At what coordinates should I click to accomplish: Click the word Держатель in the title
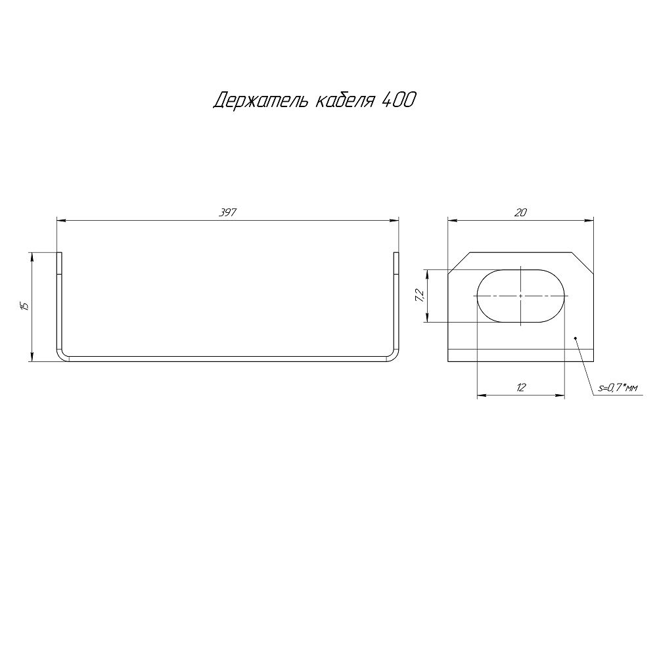click(260, 101)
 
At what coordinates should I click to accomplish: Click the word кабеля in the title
click(344, 101)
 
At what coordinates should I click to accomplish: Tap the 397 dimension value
click(228, 212)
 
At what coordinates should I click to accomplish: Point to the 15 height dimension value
click(25, 306)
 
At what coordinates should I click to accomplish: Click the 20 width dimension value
click(520, 212)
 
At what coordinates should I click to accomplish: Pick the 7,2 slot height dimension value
click(420, 296)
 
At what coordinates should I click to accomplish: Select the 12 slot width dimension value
click(521, 387)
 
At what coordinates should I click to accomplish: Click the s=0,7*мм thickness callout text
click(618, 388)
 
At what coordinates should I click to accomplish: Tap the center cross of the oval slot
click(521, 296)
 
